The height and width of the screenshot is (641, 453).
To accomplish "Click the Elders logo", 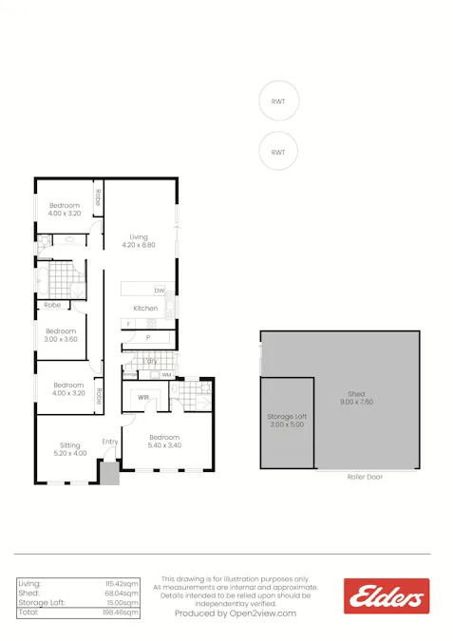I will coord(387,596).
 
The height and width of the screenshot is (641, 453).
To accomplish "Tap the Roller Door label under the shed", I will coord(365,477).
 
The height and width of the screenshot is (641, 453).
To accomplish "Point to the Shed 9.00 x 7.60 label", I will coord(356,398).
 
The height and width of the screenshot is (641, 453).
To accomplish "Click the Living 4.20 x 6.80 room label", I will coord(139,241).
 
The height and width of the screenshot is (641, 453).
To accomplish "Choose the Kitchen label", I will coord(145,309).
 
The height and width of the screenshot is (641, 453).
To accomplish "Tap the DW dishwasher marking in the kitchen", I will coord(160,290).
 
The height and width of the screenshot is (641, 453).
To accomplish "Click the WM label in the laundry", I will coord(166,375).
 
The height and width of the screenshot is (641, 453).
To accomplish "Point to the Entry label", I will coord(110,442).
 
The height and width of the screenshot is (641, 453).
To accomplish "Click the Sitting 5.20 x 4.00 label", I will coord(70,449).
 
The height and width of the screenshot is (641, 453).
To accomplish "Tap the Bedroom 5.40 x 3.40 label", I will coord(164,441).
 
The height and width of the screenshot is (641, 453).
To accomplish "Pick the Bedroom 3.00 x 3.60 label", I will coord(62,335).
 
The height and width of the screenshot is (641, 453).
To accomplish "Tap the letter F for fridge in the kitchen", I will coord(127,325).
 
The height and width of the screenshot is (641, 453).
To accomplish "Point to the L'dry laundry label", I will coord(150,361).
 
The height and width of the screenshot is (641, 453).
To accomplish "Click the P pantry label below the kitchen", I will coord(148,337).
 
